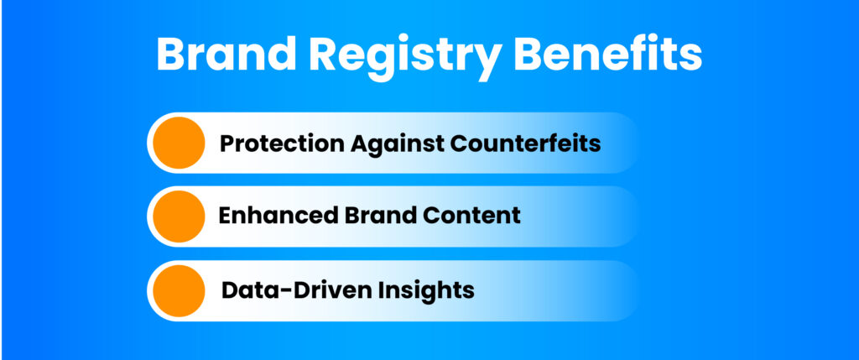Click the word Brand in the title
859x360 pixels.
pos(221,54)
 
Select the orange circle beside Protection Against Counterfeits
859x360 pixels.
pos(179,143)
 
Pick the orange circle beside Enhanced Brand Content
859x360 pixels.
pos(179,217)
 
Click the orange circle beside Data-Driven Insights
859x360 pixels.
pos(179,291)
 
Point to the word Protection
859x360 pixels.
pos(282,143)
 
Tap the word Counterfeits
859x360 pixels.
pos(525,143)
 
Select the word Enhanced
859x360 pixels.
pos(279,216)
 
